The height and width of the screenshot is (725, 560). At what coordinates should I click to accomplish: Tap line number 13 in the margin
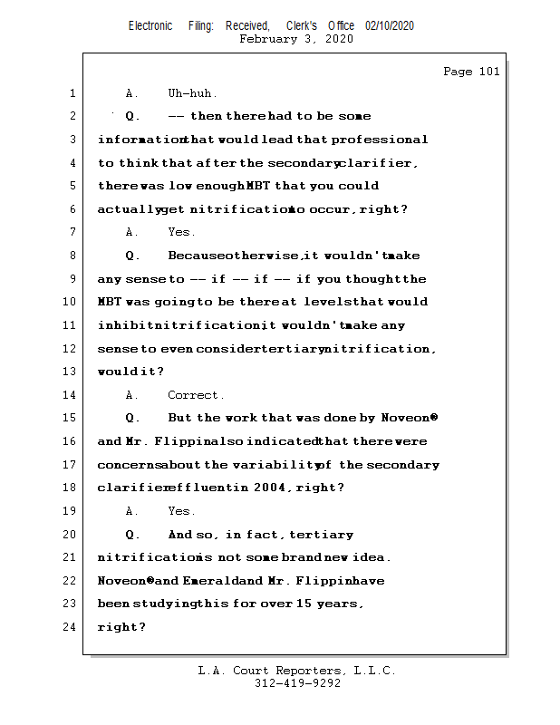pyautogui.click(x=72, y=372)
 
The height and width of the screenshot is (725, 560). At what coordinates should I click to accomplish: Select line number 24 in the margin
pyautogui.click(x=72, y=626)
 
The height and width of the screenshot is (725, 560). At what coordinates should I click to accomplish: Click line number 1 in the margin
pyautogui.click(x=72, y=93)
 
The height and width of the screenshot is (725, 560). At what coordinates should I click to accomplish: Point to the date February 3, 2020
pyautogui.click(x=296, y=39)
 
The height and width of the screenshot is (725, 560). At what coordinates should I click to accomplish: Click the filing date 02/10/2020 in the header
pyautogui.click(x=390, y=25)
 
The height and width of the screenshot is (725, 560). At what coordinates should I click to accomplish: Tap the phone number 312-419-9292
pyautogui.click(x=297, y=683)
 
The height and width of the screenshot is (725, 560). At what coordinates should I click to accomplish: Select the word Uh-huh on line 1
pyautogui.click(x=192, y=93)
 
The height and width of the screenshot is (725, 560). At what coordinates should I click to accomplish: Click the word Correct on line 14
pyautogui.click(x=195, y=395)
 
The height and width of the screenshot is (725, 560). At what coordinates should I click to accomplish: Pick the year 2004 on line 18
pyautogui.click(x=272, y=488)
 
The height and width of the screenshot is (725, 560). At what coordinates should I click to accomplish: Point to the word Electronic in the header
pyautogui.click(x=150, y=25)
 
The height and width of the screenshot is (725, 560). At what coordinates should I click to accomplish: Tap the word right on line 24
pyautogui.click(x=119, y=626)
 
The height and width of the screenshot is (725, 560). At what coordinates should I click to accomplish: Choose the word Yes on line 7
pyautogui.click(x=180, y=233)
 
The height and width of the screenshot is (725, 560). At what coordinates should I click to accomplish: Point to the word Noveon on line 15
pyautogui.click(x=408, y=418)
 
